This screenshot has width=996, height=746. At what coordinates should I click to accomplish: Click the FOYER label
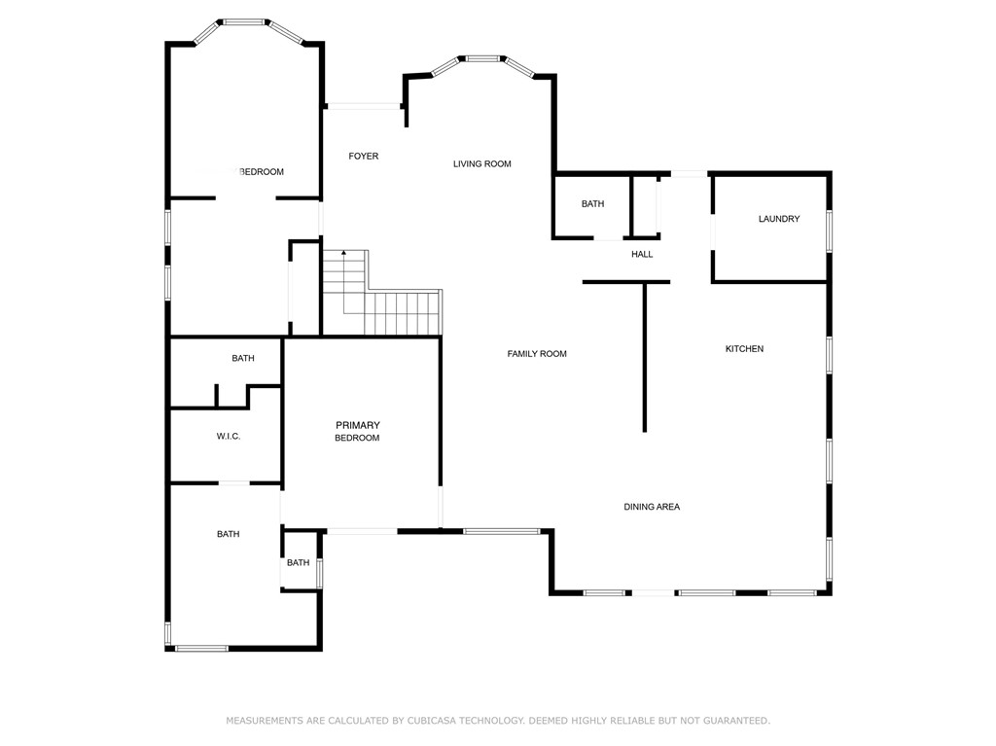pos(364,157)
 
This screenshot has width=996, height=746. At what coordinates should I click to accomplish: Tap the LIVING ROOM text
pos(481,164)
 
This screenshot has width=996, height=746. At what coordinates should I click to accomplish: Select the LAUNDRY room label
pos(778,219)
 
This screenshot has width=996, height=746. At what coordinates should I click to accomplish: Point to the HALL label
pos(642,255)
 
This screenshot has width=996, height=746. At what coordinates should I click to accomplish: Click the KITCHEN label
pos(744,349)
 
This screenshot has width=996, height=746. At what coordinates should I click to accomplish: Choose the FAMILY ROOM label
pos(537,354)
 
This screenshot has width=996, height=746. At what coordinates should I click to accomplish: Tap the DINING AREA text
pos(652,507)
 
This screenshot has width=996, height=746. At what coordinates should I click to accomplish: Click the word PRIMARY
pos(357,425)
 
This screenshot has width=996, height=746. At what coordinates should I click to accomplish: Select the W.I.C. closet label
pos(229,437)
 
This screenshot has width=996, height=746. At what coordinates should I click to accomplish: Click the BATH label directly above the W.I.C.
pos(243,359)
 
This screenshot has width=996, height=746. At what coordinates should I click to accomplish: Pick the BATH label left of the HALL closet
pos(592,204)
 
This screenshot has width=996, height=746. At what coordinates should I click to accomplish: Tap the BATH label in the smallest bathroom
pos(298,563)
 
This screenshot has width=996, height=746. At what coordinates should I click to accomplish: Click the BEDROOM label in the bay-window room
pos(261,172)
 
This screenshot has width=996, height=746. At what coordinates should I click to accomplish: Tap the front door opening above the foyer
pos(363,106)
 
